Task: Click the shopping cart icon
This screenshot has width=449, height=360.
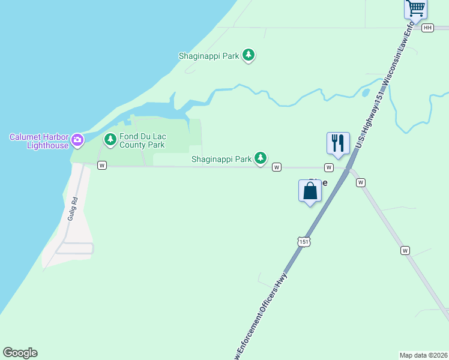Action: point(415,8)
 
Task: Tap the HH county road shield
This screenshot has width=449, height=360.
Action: point(427,28)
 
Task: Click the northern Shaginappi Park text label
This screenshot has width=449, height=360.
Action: point(209,56)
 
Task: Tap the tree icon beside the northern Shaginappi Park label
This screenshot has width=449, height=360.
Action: point(249,56)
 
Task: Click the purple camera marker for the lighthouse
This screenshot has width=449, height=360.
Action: point(77,140)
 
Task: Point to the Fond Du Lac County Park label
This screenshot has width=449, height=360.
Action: point(142,140)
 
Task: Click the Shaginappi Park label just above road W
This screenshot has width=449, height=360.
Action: point(221,159)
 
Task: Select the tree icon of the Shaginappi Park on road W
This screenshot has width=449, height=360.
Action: point(260,158)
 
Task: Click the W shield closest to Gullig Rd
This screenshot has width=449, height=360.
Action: point(102,165)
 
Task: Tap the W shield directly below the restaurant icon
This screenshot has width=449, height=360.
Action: point(329,167)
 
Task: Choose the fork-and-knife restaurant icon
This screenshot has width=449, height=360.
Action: point(338,143)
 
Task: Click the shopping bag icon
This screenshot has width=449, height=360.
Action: point(310,191)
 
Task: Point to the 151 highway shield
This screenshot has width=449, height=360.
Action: point(304,241)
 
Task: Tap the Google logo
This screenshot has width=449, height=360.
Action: point(20,353)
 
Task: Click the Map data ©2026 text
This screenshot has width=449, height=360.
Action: point(423,355)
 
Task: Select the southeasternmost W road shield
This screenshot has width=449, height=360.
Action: point(405,250)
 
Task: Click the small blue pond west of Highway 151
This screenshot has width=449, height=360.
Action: point(366,93)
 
